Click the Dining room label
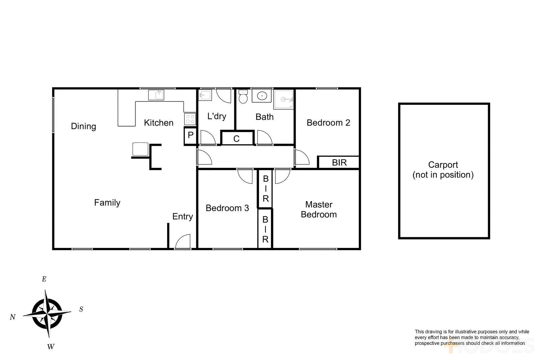(x=83, y=126)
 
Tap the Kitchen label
(x=159, y=123)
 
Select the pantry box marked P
(x=191, y=135)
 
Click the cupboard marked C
(x=237, y=138)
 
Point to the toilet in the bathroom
(x=243, y=97)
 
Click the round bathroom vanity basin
(x=262, y=96)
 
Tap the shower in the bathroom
(x=283, y=99)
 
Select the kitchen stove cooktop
(x=190, y=119)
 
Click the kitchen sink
(x=156, y=95)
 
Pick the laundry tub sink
(x=205, y=95)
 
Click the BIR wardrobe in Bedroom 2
(x=339, y=163)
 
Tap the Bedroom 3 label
(x=227, y=208)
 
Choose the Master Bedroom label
(x=319, y=210)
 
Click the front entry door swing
(x=183, y=242)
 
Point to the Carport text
(x=443, y=165)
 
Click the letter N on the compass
(x=13, y=317)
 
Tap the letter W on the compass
(x=51, y=347)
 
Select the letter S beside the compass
(x=81, y=309)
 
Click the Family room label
(x=107, y=203)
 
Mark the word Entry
(x=183, y=217)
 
